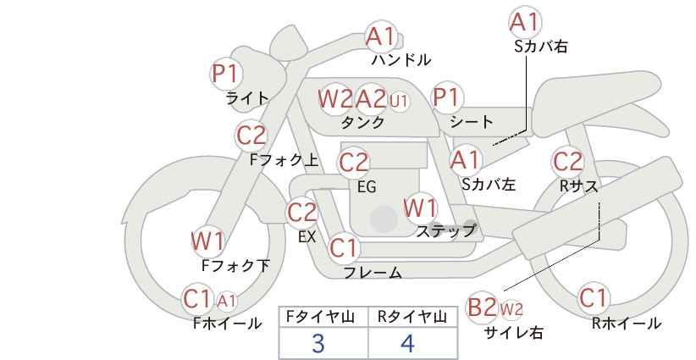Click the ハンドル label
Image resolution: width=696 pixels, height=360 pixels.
click(401, 59)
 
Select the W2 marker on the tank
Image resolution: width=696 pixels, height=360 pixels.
click(335, 98)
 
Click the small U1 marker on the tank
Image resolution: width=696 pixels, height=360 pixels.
click(399, 101)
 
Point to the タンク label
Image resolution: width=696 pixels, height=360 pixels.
click(362, 122)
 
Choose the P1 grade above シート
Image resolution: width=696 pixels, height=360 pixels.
click(447, 97)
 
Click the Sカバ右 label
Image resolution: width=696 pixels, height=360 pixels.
click(541, 47)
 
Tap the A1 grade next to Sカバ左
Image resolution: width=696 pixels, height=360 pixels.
click(465, 160)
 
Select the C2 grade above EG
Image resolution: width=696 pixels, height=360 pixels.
click(353, 163)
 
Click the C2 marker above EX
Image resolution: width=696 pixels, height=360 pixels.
click(302, 213)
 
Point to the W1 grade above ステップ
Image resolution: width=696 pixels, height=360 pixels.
click(420, 208)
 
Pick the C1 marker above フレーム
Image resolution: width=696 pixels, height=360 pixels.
click(344, 248)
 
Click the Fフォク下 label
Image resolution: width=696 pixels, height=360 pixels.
click(235, 265)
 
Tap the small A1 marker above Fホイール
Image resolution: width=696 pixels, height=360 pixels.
click(226, 301)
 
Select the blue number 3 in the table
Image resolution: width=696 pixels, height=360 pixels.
click(318, 343)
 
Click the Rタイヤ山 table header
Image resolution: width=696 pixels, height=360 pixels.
click(412, 317)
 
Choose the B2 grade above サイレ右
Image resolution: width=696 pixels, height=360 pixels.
click(483, 307)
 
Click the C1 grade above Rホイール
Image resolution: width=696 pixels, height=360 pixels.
click(594, 298)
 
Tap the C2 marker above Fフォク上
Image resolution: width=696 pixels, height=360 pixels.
click(251, 136)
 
